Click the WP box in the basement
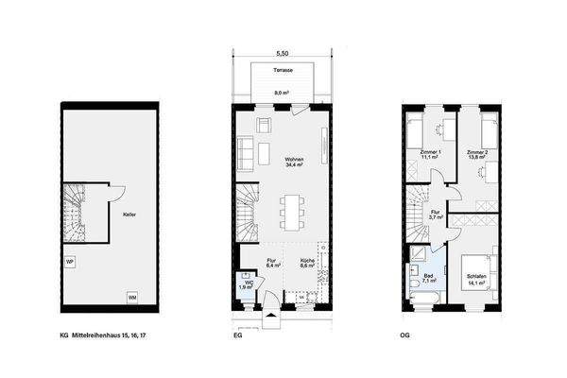click(70, 261)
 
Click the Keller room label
click(129, 215)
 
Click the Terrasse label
click(282, 71)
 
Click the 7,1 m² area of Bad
click(427, 282)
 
